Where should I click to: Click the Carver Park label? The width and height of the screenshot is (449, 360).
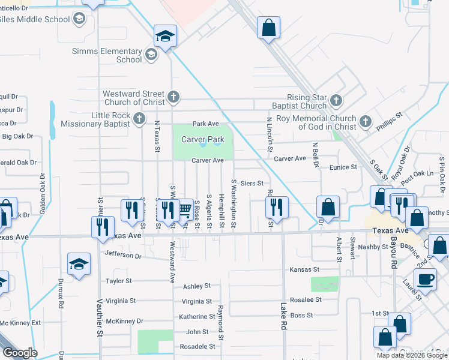click(203, 139)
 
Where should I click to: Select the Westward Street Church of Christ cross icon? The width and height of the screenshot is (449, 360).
click(173, 96)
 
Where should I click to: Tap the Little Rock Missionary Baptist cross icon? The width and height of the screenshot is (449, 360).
click(139, 118)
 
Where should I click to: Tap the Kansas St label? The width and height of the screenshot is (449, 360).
click(304, 270)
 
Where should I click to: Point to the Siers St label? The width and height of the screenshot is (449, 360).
click(252, 183)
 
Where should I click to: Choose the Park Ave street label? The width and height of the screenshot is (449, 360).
click(205, 124)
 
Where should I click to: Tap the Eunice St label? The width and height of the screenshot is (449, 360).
click(343, 167)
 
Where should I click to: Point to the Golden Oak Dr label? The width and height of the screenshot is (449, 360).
click(43, 194)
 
